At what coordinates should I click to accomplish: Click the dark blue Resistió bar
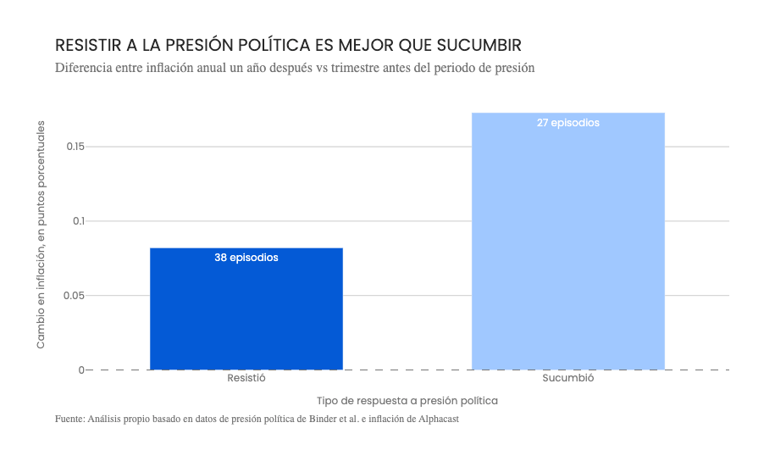tap(246, 314)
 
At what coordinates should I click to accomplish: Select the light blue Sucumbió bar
tap(567, 246)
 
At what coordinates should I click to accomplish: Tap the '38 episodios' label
tap(246, 258)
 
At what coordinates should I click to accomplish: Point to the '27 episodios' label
tap(567, 123)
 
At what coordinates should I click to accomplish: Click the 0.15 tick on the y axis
tap(75, 147)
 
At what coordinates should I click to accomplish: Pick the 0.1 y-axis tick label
tap(79, 221)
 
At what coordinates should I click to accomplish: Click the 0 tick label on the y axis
tap(81, 370)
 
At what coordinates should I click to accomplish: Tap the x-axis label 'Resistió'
tap(246, 378)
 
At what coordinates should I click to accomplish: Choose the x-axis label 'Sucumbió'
tap(567, 378)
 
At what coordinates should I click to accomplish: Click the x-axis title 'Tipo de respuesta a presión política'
tap(407, 400)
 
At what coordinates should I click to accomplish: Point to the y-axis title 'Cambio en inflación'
tap(41, 234)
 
